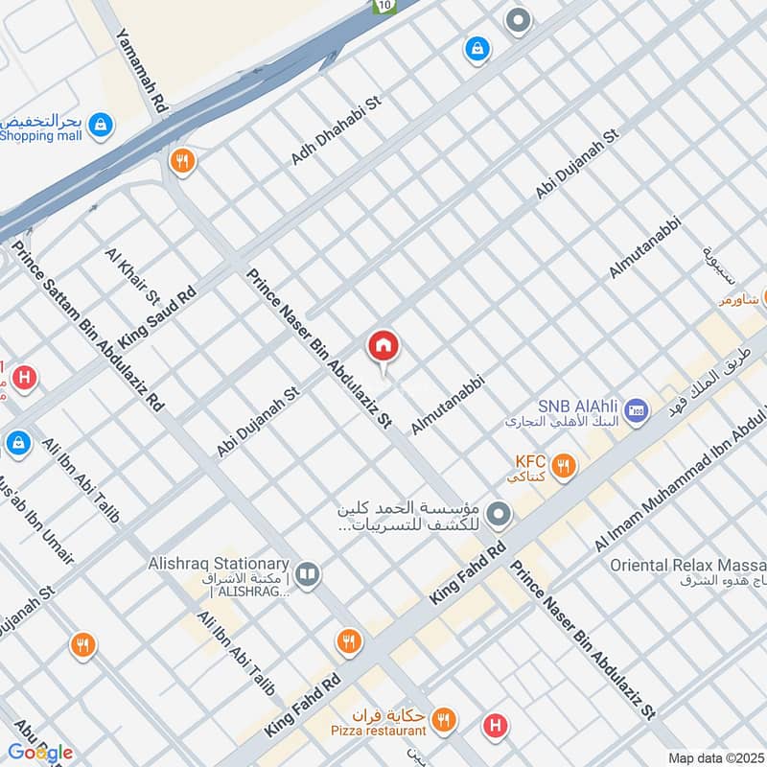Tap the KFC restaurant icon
pos(565,466)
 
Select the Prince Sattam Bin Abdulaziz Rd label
pos(88,326)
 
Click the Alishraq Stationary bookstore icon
pos(308,573)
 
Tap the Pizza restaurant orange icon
pos(442,718)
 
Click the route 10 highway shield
pos(384,6)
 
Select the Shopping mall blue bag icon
pos(100,124)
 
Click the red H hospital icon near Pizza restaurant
pos(495,725)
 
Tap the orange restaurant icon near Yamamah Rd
pos(180,160)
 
